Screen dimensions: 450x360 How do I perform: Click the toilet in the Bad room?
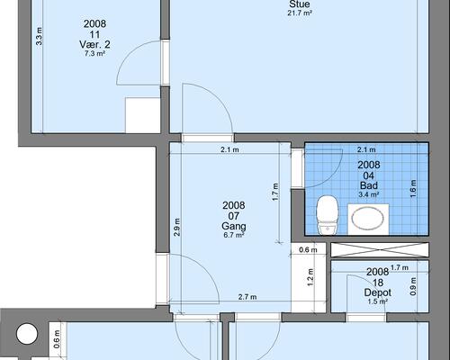pyautogui.click(x=328, y=214)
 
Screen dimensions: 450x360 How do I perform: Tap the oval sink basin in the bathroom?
pyautogui.click(x=368, y=218)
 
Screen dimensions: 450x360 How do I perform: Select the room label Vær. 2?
pyautogui.click(x=94, y=45)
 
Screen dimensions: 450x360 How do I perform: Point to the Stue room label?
pyautogui.click(x=300, y=4)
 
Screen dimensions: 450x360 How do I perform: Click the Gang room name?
pyautogui.click(x=234, y=226)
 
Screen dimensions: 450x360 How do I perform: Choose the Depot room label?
pyautogui.click(x=378, y=292)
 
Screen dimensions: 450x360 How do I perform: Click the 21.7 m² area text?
pyautogui.click(x=300, y=13)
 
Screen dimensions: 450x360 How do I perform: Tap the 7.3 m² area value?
pyautogui.click(x=94, y=54)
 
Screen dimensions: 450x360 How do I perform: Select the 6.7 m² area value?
pyautogui.click(x=234, y=235)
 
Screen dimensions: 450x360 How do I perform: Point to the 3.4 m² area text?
pyautogui.click(x=369, y=194)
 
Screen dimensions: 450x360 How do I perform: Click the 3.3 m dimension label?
pyautogui.click(x=40, y=36)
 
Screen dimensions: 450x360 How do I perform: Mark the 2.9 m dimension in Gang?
pyautogui.click(x=177, y=227)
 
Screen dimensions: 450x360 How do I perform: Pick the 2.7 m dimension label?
pyautogui.click(x=247, y=297)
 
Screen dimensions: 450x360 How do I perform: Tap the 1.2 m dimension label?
pyautogui.click(x=310, y=277)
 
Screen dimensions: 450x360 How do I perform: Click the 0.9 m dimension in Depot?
pyautogui.click(x=413, y=286)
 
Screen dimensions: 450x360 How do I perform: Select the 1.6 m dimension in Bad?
pyautogui.click(x=413, y=188)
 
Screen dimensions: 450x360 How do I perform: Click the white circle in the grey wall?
pyautogui.click(x=27, y=333)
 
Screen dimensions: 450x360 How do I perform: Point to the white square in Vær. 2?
pyautogui.click(x=142, y=115)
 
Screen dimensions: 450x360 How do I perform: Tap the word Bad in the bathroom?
pyautogui.click(x=369, y=185)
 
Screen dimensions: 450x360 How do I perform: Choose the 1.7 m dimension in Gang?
pyautogui.click(x=275, y=192)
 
